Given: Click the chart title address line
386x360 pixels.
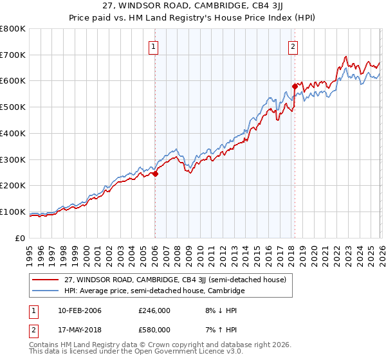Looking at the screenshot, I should (193, 5).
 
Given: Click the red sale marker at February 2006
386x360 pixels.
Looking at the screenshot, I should (155, 174).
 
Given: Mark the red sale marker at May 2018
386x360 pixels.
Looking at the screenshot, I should (295, 85).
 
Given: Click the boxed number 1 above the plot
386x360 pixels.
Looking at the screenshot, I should (154, 46).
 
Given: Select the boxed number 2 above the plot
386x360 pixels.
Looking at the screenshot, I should (293, 46).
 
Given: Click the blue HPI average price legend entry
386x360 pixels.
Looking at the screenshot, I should (154, 291).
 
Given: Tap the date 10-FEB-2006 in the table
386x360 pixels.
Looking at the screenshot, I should (79, 310).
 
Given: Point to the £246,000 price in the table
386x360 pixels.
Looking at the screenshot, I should (154, 310).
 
